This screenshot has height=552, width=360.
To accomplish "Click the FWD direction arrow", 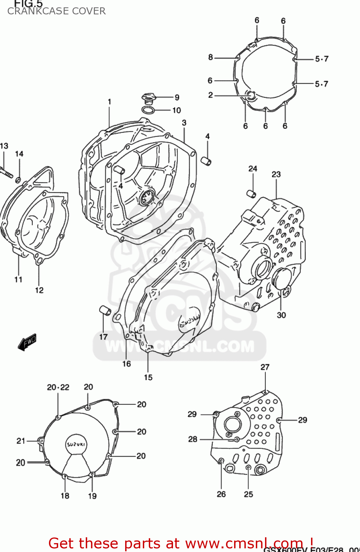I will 27,342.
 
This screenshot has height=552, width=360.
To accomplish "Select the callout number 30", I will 281,315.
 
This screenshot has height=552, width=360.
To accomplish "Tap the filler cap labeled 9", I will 148,98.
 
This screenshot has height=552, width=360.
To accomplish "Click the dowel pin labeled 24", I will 251,193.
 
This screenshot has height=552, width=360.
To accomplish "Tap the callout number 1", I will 109,102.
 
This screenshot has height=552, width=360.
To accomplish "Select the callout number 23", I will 276,174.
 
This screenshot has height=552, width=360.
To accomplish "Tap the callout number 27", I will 265,367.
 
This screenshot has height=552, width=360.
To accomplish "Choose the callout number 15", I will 148,377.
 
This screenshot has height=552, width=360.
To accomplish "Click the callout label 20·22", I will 58,387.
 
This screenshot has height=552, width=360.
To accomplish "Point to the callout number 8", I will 211,57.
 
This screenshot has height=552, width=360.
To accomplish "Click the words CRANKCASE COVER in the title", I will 56,11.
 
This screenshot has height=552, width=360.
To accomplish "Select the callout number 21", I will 21,440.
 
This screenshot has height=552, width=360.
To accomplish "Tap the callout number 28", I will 193,439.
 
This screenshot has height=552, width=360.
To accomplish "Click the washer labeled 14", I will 18,180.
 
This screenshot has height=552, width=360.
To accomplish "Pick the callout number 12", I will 39,290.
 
